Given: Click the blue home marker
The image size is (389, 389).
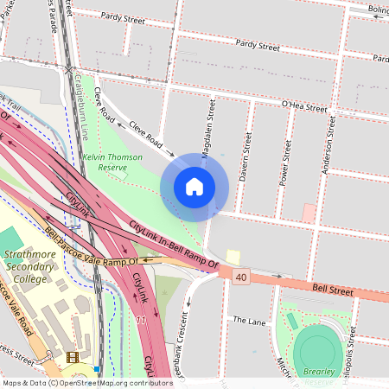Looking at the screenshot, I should pyautogui.click(x=194, y=187).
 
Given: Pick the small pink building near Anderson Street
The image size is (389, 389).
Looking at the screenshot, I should pyautogui.click(x=309, y=212).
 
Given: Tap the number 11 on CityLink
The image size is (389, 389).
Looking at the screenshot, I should pyautogui.click(x=140, y=319).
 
